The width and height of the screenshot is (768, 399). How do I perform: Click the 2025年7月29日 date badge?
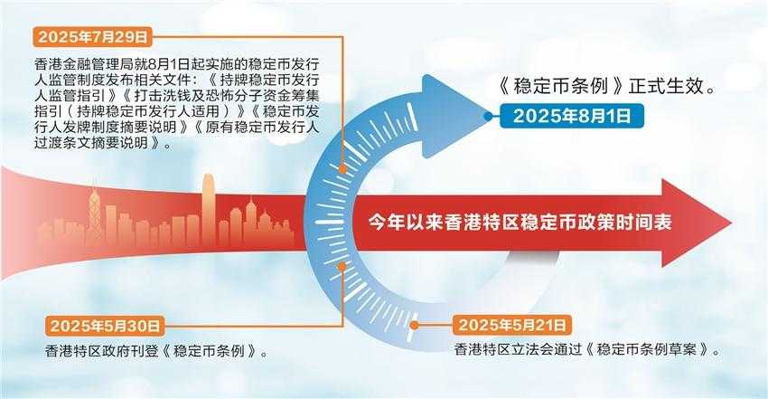coord(92,37)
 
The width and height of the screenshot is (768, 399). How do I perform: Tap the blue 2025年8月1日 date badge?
coord(572,116)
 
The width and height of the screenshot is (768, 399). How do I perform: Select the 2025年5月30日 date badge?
coord(105,326)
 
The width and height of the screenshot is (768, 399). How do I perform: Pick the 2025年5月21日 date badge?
coord(512,325)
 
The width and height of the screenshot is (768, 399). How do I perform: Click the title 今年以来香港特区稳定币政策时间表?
coord(520,223)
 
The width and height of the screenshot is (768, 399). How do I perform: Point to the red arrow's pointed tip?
coord(731,223)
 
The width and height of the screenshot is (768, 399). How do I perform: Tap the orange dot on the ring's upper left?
coord(342,169)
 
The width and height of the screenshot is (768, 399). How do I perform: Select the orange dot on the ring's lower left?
coord(342,266)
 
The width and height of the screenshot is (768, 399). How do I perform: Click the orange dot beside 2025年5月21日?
coord(415,325)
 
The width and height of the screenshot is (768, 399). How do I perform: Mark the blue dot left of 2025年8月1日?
coord(488,116)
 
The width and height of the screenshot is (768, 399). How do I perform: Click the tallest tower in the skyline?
coord(209,209)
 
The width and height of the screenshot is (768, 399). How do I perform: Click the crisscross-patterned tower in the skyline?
coord(94,218)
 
